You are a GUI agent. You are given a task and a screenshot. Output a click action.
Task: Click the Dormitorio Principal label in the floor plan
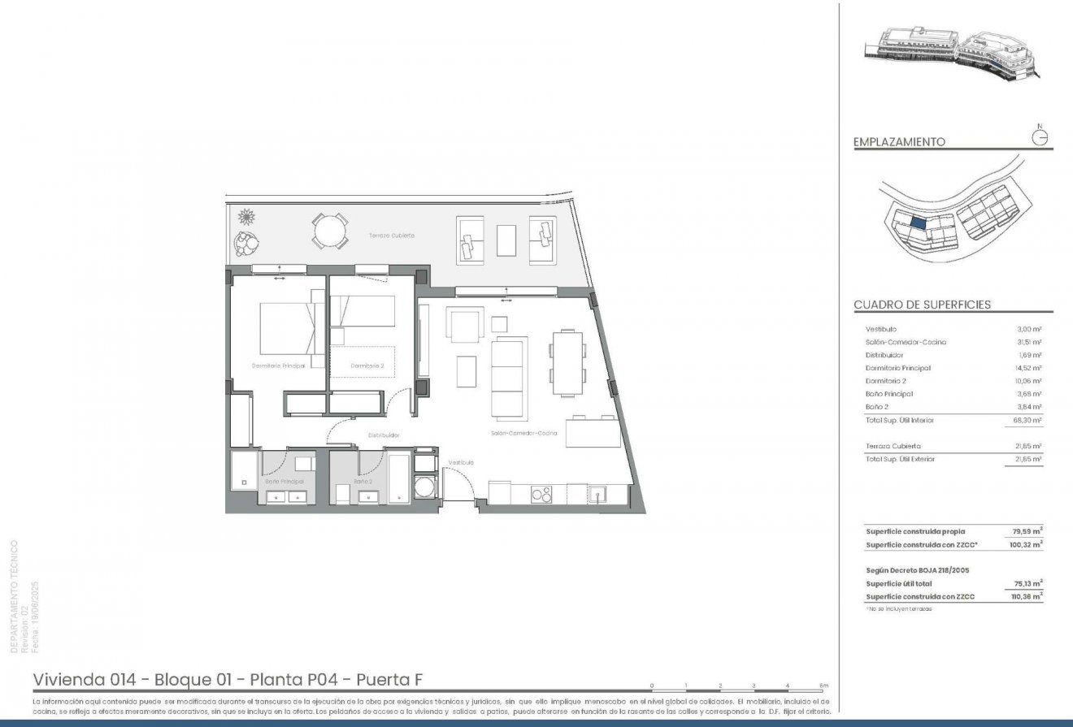click(278, 366)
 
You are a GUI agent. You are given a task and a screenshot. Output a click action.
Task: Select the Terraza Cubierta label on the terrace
click(392, 235)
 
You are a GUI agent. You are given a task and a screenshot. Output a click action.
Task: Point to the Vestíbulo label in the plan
click(461, 462)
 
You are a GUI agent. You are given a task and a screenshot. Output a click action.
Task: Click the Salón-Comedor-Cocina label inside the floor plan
click(523, 434)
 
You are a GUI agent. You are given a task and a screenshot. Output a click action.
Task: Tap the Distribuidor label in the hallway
click(382, 435)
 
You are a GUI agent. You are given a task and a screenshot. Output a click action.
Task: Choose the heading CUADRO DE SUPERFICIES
click(922, 305)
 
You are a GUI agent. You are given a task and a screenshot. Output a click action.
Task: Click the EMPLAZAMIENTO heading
click(899, 141)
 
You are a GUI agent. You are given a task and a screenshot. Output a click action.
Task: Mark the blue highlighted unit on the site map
click(919, 220)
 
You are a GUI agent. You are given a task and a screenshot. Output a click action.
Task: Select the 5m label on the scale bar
click(823, 686)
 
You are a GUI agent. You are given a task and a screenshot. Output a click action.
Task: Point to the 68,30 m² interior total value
click(1028, 420)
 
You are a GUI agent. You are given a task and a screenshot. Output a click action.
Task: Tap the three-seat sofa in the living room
click(510, 376)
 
